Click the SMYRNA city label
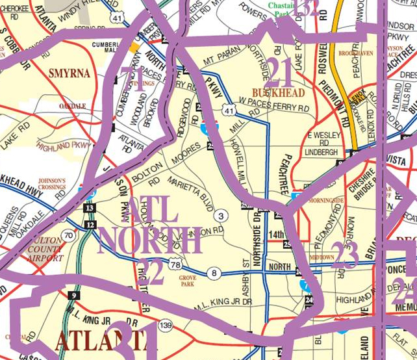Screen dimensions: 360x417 [69, 74]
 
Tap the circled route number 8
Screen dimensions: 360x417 [214, 272]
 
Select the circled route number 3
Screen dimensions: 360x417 [221, 216]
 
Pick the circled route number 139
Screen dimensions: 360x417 [166, 325]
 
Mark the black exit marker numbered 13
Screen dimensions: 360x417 [90, 208]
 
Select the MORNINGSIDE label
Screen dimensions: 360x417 [327, 201]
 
